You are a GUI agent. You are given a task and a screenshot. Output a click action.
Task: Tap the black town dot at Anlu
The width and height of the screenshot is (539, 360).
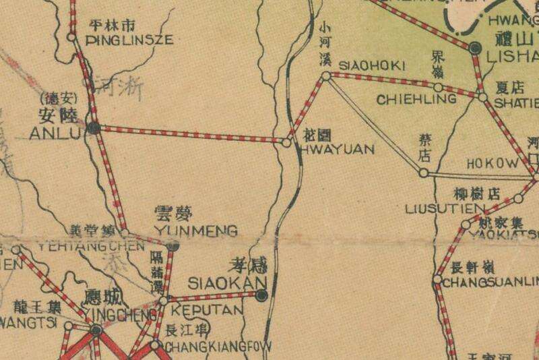pos(94,127)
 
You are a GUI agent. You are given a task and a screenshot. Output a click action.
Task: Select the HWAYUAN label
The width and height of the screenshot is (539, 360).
pos(335,150)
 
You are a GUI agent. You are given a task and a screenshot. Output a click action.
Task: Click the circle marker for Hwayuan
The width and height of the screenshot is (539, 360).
pos(286,143)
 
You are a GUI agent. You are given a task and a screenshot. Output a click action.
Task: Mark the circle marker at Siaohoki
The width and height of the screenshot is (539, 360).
pos(326,78)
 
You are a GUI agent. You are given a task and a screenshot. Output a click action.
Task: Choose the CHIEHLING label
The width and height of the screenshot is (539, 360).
pos(416,99)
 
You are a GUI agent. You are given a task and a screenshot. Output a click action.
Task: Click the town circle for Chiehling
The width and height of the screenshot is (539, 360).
pos(438,88)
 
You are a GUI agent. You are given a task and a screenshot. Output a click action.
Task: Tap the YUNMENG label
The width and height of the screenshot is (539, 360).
pos(196,231)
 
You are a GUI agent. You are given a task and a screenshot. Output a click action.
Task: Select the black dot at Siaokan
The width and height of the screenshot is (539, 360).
pos(261,294)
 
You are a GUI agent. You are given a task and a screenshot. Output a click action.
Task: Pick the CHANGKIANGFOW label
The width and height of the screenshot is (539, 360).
pos(217,347)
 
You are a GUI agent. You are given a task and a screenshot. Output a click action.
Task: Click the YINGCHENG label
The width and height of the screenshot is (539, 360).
pos(113,313)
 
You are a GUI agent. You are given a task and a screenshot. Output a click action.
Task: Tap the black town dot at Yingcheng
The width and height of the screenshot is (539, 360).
pos(96,330)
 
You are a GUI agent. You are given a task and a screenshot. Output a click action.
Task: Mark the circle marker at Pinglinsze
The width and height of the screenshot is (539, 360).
pos(73,37)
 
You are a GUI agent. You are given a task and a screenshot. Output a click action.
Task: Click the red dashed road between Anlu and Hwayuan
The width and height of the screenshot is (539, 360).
pos(189,134)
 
